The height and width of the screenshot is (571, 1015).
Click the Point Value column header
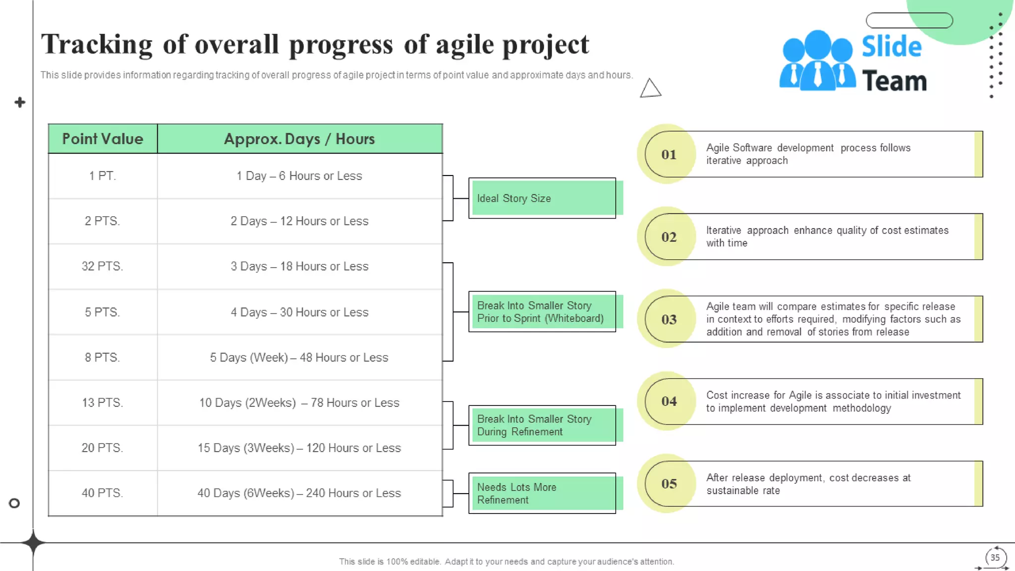(x=103, y=139)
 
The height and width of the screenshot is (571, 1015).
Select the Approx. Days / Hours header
(x=299, y=139)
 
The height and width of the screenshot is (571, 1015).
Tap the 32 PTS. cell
(x=103, y=266)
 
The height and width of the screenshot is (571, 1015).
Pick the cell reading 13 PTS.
(x=103, y=402)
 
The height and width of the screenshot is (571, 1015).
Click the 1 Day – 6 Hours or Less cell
(x=299, y=176)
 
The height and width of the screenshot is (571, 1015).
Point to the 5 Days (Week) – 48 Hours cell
(x=299, y=357)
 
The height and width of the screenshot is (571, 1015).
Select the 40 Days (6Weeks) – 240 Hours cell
(x=299, y=493)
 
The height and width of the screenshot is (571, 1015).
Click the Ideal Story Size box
(x=543, y=198)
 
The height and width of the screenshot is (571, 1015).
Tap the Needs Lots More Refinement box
(x=543, y=493)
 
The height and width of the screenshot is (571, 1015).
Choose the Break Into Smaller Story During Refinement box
(x=543, y=425)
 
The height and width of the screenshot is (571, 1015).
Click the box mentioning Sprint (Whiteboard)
(x=543, y=312)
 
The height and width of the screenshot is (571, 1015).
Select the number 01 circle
(x=669, y=155)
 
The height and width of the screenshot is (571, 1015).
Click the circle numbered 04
(x=669, y=401)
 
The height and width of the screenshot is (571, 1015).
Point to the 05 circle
(x=669, y=484)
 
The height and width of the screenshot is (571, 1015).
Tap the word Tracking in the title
(x=97, y=45)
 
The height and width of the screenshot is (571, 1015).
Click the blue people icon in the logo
(x=817, y=61)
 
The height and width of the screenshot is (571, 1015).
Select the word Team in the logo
(x=894, y=81)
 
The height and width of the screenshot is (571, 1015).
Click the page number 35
(x=995, y=558)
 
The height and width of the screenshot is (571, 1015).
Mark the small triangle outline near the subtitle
(x=650, y=89)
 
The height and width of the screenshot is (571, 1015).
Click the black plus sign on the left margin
(x=20, y=103)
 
